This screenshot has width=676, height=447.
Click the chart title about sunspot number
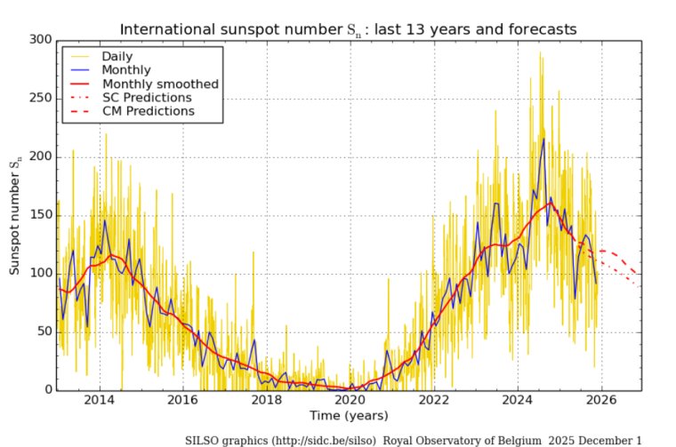[x=348, y=29]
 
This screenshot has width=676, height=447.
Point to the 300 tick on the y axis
[x=42, y=40]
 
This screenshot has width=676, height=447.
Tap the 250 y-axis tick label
[x=42, y=99]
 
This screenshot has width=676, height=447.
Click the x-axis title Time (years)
[x=348, y=416]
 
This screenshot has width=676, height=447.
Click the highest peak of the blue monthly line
[x=543, y=139]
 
